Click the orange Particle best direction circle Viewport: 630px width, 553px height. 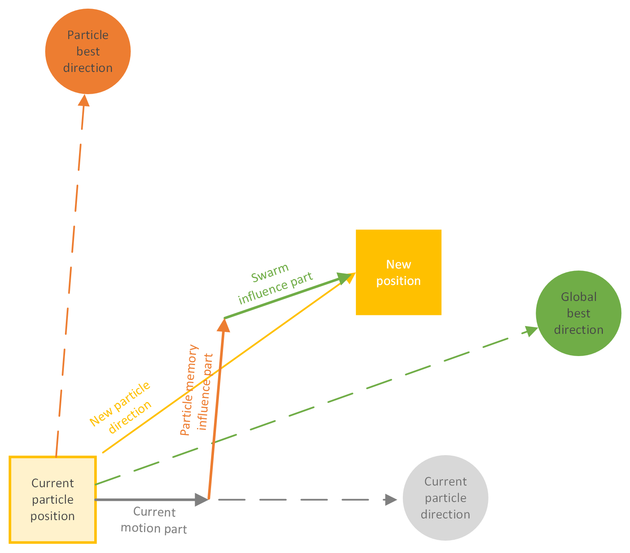pyautogui.click(x=88, y=51)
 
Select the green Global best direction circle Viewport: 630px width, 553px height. pyautogui.click(x=578, y=313)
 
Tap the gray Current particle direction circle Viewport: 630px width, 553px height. pyautogui.click(x=445, y=497)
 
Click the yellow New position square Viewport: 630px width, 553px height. pyautogui.click(x=398, y=272)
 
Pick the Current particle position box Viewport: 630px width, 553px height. pyautogui.click(x=53, y=500)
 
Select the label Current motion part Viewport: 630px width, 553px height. pyautogui.click(x=154, y=520)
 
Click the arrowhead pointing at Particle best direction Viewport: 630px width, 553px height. pyautogui.click(x=84, y=100)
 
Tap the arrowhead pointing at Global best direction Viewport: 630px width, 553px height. pyautogui.click(x=530, y=330)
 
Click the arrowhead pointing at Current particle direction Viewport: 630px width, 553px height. pyautogui.click(x=391, y=500)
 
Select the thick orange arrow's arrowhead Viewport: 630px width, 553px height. pyautogui.click(x=223, y=325)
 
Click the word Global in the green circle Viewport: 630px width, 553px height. pyautogui.click(x=579, y=297)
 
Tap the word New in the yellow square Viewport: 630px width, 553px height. pyautogui.click(x=398, y=264)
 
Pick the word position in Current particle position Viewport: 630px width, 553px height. pyautogui.click(x=53, y=516)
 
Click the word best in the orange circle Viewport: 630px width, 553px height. pyautogui.click(x=88, y=51)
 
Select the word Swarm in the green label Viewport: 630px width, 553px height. pyautogui.click(x=270, y=273)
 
